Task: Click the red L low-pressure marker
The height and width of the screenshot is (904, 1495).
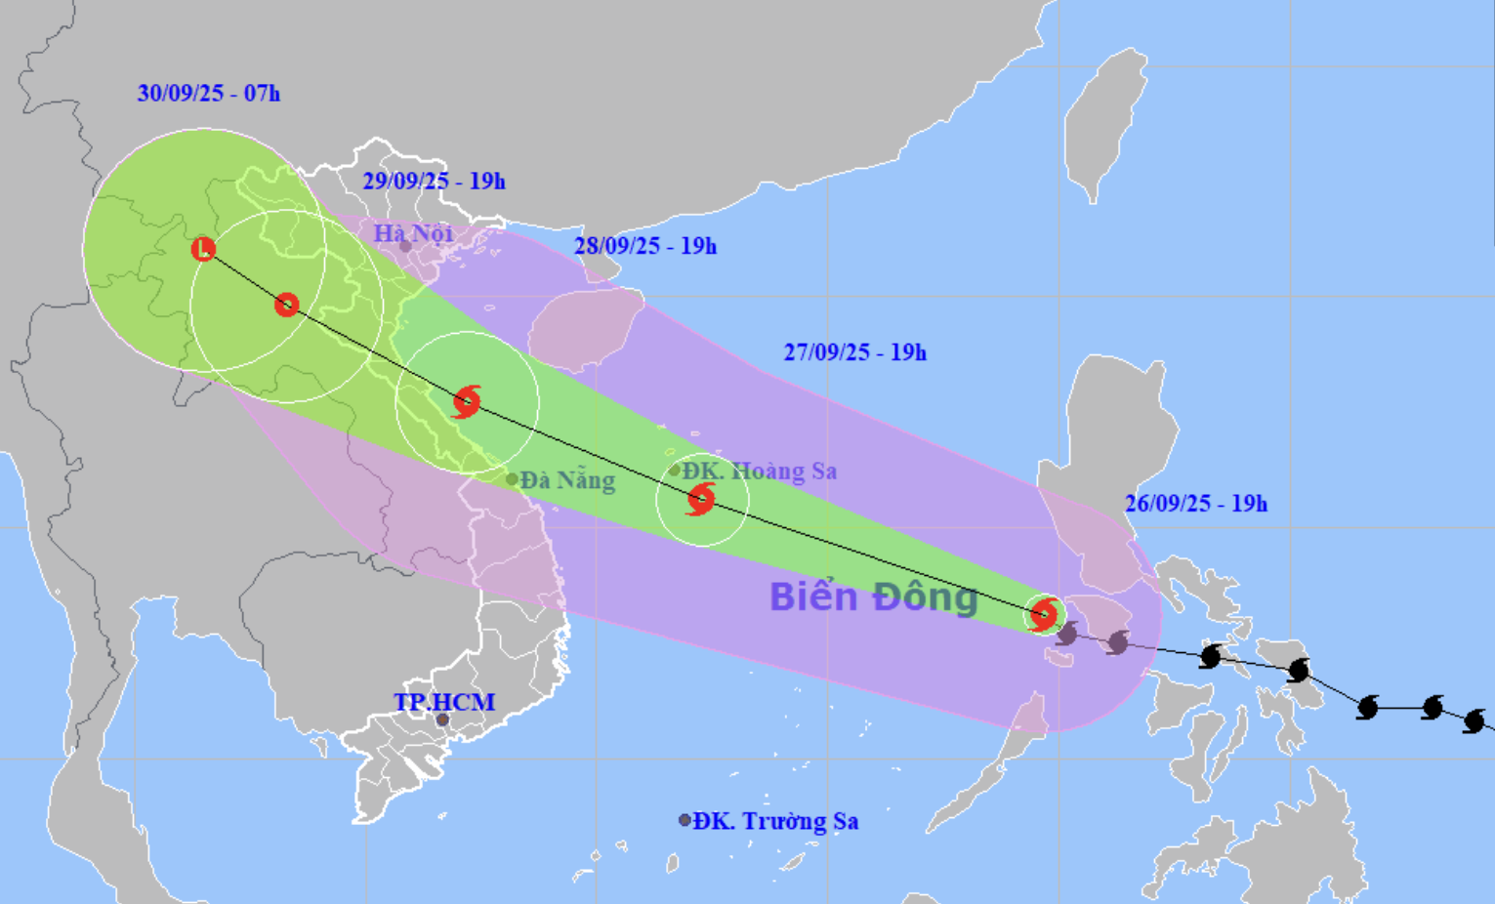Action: [203, 249]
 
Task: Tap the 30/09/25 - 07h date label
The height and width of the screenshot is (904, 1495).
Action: [208, 94]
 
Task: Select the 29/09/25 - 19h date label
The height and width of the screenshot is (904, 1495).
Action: [434, 181]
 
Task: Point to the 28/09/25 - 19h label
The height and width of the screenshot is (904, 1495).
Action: [644, 246]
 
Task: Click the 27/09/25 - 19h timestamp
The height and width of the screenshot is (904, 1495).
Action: [854, 352]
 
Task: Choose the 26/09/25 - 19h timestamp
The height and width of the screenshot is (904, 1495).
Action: [1195, 504]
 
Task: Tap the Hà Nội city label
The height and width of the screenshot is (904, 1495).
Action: [413, 233]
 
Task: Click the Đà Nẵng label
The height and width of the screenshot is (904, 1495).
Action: [567, 480]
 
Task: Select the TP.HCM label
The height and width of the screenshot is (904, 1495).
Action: [444, 702]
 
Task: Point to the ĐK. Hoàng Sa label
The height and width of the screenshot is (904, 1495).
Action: [760, 471]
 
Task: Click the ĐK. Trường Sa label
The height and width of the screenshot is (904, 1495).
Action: [776, 821]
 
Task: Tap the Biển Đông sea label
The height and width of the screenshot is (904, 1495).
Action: [873, 596]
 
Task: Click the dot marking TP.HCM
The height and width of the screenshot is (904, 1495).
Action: [442, 720]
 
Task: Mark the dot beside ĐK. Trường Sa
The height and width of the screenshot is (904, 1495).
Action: [685, 820]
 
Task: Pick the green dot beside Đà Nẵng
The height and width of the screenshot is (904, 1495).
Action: [512, 479]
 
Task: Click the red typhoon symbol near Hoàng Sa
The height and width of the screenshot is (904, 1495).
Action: [700, 499]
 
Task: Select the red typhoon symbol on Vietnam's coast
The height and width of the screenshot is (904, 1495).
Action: [467, 401]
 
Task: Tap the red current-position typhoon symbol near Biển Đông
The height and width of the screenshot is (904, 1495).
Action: [1043, 615]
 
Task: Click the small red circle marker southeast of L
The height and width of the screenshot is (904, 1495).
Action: [286, 305]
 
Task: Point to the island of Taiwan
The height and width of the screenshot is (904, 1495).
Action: [1105, 122]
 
